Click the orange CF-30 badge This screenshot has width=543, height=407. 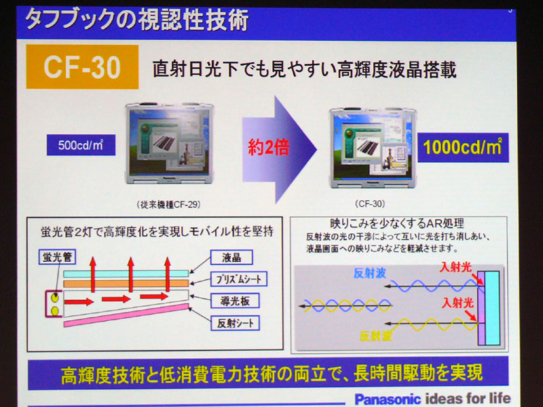pos(82,66)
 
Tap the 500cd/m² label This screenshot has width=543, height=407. pos(81,144)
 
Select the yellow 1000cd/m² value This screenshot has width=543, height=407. pos(463,147)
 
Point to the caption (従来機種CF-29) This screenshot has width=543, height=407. pos(168,205)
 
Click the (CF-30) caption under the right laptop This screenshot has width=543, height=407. pos(370,204)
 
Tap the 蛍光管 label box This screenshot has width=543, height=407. pos(57,257)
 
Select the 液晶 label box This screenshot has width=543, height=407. pos(231,258)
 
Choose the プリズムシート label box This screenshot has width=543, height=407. pos(239,279)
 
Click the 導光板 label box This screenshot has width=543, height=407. pos(235,301)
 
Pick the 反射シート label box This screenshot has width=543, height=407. pos(236,324)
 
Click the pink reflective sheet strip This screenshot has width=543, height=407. pos(126,315)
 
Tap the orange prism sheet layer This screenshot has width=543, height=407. pos(126,284)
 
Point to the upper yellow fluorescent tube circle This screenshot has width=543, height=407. pos(55,298)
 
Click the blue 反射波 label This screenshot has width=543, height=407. pos(369,273)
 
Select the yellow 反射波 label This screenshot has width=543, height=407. pos(376,336)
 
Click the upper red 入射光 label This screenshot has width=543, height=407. pos(455,267)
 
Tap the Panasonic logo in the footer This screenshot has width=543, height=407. pos(388,400)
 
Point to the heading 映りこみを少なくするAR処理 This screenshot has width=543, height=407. pos(397,224)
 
